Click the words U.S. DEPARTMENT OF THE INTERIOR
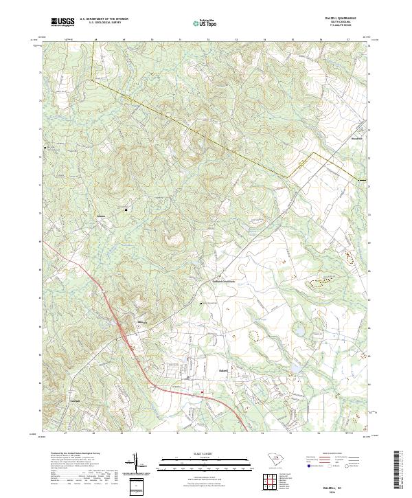click(104, 19)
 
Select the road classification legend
click(336, 464)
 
